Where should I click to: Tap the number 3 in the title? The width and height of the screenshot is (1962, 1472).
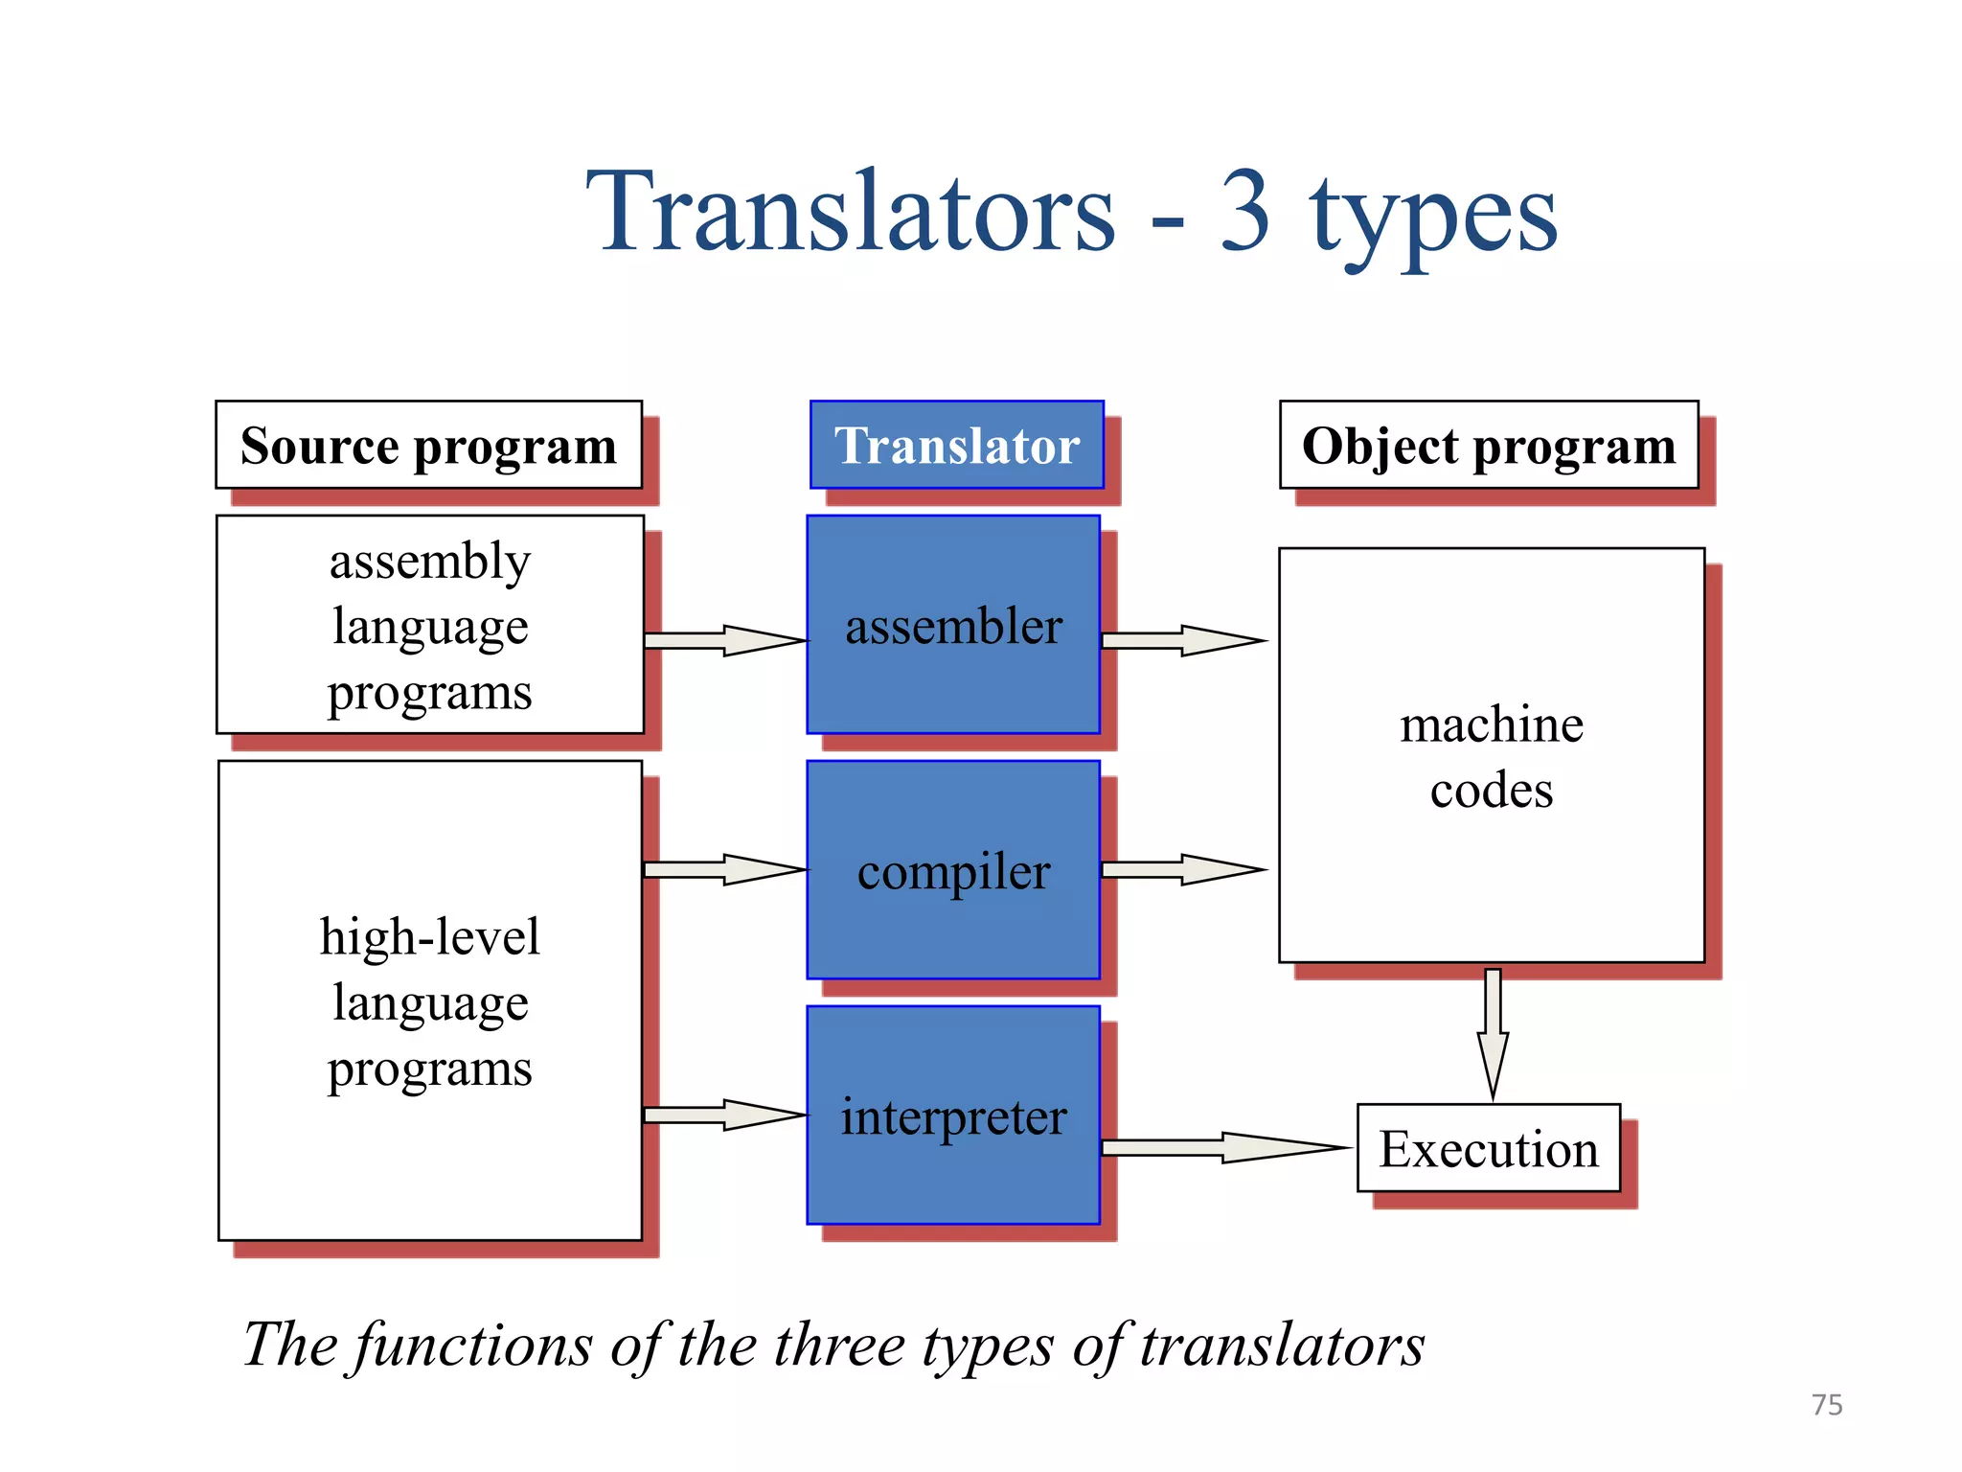pyautogui.click(x=1245, y=213)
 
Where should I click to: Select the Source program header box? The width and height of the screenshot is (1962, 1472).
pyautogui.click(x=428, y=446)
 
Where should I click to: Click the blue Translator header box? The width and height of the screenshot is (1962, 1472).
pyautogui.click(x=956, y=446)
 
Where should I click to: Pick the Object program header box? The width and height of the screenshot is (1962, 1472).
pyautogui.click(x=1489, y=446)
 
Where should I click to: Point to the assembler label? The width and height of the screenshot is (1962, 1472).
pyautogui.click(x=953, y=627)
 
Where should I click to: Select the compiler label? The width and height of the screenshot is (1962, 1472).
pyautogui.click(x=953, y=872)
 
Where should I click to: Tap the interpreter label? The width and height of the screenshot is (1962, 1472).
pyautogui.click(x=953, y=1117)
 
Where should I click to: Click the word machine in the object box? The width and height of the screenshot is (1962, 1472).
pyautogui.click(x=1492, y=724)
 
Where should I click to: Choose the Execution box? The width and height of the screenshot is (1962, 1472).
pyautogui.click(x=1489, y=1148)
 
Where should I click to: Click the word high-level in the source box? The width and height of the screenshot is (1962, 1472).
pyautogui.click(x=429, y=937)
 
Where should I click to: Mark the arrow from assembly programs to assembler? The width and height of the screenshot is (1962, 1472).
pyautogui.click(x=725, y=640)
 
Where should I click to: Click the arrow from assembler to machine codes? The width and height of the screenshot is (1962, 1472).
pyautogui.click(x=1184, y=640)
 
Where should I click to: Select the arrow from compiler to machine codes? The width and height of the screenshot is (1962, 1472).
pyautogui.click(x=1184, y=869)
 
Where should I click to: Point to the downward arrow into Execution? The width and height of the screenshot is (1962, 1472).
pyautogui.click(x=1493, y=1035)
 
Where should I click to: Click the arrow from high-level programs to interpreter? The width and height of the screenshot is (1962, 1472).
pyautogui.click(x=725, y=1115)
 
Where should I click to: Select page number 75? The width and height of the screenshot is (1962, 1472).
pyautogui.click(x=1827, y=1405)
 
